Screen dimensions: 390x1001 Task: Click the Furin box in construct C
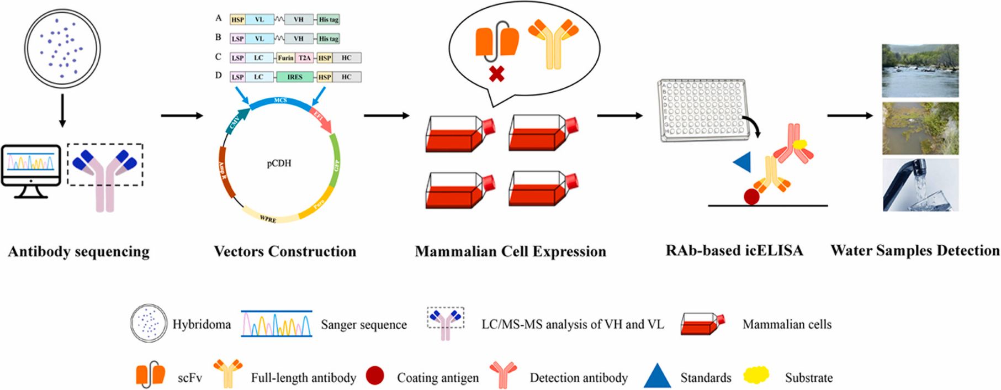[285, 58]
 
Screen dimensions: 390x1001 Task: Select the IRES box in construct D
[295, 77]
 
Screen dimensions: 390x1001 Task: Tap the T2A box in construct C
[304, 58]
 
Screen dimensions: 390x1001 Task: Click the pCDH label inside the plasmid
[279, 164]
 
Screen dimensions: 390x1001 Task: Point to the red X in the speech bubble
[496, 74]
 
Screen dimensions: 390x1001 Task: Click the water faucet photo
[920, 185]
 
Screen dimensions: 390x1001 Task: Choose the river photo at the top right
[920, 71]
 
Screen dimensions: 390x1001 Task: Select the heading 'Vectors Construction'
[285, 252]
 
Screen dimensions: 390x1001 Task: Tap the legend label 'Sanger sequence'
[364, 325]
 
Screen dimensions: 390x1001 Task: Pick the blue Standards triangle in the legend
[657, 377]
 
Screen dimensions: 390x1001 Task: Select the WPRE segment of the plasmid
[269, 218]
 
